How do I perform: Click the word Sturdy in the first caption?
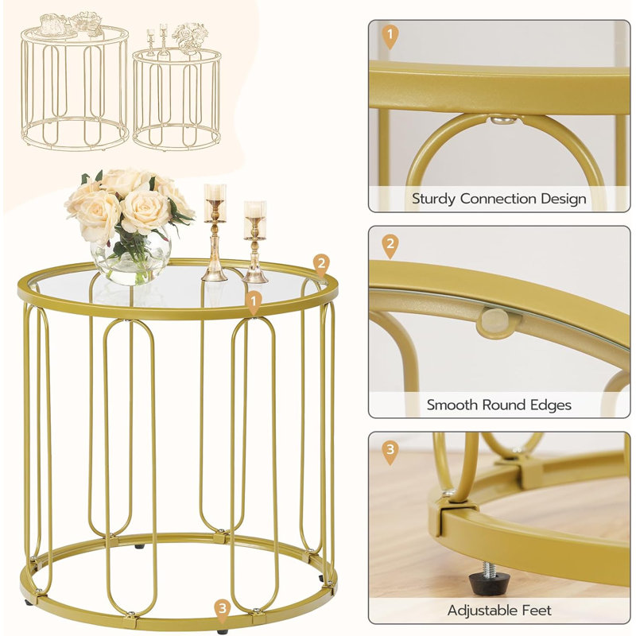pos(433,200)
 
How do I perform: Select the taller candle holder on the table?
pos(215,232)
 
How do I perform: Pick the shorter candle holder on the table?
pos(254,242)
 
